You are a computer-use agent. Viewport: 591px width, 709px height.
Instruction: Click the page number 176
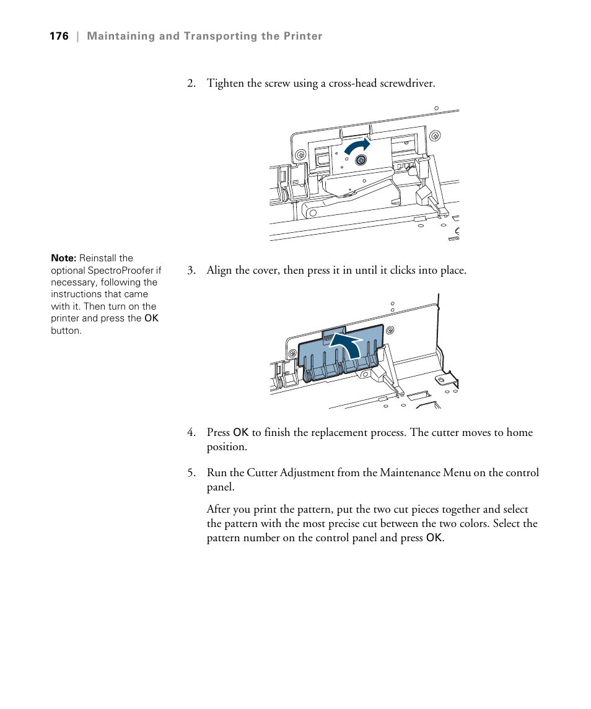coord(59,37)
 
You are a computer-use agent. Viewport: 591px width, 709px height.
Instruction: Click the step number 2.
coord(191,84)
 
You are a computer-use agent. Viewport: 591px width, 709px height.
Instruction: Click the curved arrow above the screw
coord(356,147)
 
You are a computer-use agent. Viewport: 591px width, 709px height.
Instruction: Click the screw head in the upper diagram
coord(361,160)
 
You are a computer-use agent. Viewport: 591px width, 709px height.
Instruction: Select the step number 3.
coord(191,271)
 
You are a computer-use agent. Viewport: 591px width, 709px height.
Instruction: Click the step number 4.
coord(191,433)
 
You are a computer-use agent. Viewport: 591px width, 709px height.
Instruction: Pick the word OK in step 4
coord(240,433)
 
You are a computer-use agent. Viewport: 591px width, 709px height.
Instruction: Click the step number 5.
coord(191,473)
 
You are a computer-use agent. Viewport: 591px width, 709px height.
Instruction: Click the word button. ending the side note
coord(66,331)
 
